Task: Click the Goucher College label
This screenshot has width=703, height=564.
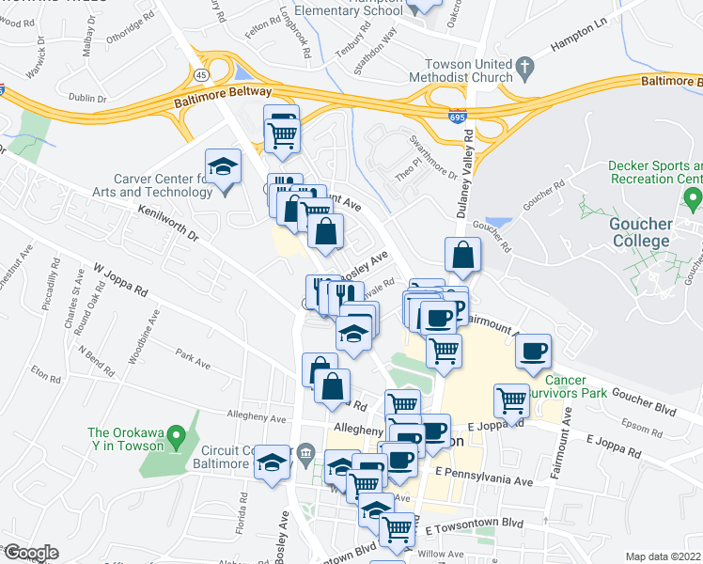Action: coord(641,232)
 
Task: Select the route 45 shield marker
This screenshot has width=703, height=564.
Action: coord(203,73)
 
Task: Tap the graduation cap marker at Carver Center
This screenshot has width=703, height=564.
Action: coord(224,167)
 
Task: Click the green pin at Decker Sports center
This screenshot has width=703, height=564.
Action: coord(694,198)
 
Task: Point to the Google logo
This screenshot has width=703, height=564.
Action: coord(30,553)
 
